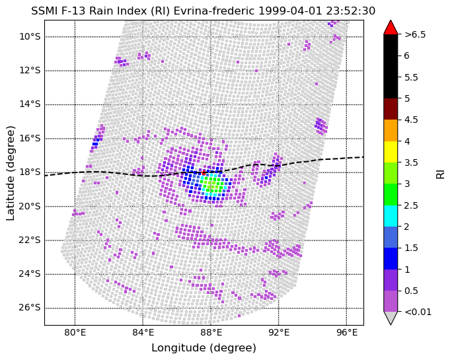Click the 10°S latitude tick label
click(30, 36)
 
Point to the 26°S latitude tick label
click(30, 308)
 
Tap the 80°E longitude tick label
click(75, 332)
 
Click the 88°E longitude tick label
click(211, 332)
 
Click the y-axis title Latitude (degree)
click(11, 172)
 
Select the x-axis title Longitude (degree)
click(204, 348)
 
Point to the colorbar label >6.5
click(416, 34)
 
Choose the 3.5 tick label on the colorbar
click(412, 162)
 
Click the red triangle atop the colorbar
click(391, 27)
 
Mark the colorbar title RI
click(440, 173)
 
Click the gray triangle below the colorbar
click(391, 318)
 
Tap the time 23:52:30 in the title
click(352, 11)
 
